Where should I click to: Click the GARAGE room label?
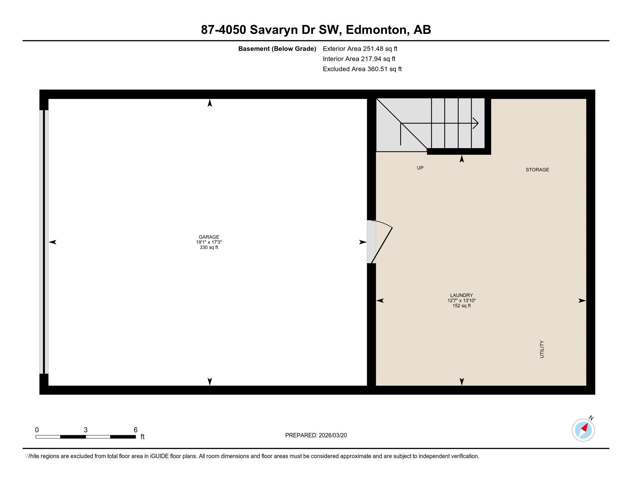point(209,237)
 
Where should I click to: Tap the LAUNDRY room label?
point(461,295)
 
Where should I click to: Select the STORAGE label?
point(537,170)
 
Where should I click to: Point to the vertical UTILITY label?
point(542,349)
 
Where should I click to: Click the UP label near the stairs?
point(420,168)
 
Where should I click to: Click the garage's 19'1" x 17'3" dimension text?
point(209,242)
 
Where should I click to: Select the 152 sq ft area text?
point(461,306)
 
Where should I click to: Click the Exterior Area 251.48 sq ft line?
point(360,49)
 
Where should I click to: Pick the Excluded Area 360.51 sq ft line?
point(362,69)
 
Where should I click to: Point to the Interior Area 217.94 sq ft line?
point(359,59)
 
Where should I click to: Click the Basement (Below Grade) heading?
point(277,49)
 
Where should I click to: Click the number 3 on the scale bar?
point(86,430)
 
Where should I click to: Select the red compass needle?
point(585,428)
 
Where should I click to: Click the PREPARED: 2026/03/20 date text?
point(316,435)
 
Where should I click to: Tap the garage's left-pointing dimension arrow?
point(53,242)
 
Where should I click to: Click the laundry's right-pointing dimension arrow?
point(582,301)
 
